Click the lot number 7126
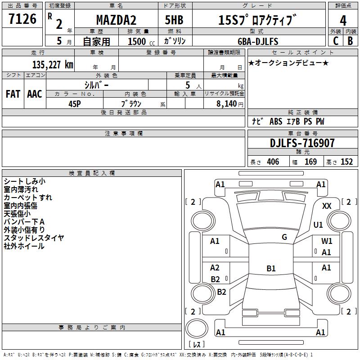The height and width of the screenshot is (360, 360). tap(22, 19)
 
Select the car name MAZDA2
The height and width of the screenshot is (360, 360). tap(117, 20)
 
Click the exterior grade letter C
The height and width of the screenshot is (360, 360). tap(335, 41)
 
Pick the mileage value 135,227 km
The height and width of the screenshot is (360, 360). tap(52, 64)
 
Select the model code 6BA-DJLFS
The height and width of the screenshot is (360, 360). tap(258, 41)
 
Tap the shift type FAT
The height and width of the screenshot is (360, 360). tap(13, 94)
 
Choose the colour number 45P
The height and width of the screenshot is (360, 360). tap(74, 103)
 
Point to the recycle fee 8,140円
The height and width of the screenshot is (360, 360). tap(230, 103)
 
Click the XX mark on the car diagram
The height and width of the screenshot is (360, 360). tap(327, 206)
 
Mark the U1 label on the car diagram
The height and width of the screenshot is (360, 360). tap(318, 225)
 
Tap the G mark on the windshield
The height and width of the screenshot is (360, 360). tap(284, 237)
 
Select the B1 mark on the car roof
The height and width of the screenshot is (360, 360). tap(271, 269)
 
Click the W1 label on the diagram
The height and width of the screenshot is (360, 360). tap(327, 241)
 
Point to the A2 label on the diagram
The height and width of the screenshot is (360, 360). tap(215, 268)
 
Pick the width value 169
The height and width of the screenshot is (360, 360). tap(311, 162)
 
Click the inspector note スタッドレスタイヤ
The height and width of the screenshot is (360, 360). tap(34, 238)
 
